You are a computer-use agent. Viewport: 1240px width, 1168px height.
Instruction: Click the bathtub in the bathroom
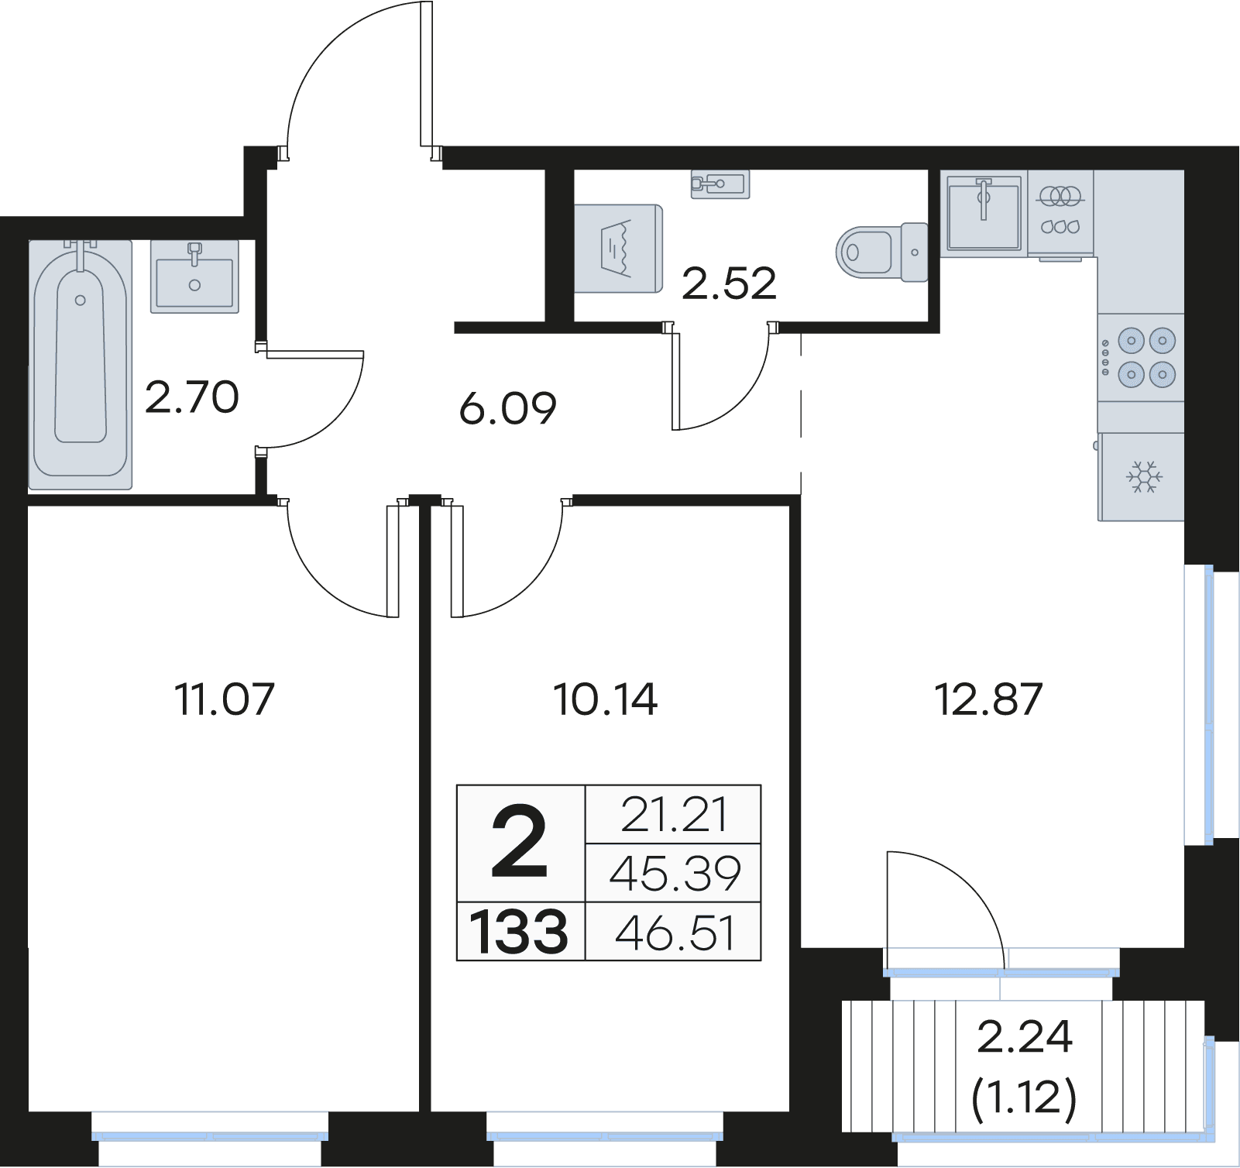pyautogui.click(x=81, y=365)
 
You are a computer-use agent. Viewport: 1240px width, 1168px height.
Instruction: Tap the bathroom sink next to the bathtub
pyautogui.click(x=194, y=277)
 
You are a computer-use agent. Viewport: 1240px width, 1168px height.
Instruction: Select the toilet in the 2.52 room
pyautogui.click(x=882, y=252)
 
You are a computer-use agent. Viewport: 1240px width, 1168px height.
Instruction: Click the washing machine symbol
pyautogui.click(x=618, y=249)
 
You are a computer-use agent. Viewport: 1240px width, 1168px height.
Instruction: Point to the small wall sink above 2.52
pyautogui.click(x=720, y=184)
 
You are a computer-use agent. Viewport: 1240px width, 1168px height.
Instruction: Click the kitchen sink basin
pyautogui.click(x=984, y=213)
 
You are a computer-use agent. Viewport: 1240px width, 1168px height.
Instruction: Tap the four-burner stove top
pyautogui.click(x=1141, y=357)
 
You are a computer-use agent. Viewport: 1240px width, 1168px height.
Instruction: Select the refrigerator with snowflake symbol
pyautogui.click(x=1142, y=476)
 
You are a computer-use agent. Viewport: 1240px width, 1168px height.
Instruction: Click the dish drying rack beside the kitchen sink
pyautogui.click(x=1060, y=213)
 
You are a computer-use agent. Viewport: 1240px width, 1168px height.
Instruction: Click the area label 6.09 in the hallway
pyautogui.click(x=508, y=408)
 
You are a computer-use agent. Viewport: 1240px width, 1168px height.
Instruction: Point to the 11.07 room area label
pyautogui.click(x=225, y=699)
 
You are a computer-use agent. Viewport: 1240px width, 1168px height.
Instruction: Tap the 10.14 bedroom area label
pyautogui.click(x=606, y=699)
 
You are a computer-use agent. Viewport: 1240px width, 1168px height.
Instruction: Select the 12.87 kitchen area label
pyautogui.click(x=989, y=699)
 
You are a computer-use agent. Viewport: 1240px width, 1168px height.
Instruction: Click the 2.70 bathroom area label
pyautogui.click(x=192, y=397)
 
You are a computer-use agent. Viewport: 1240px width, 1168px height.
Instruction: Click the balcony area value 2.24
pyautogui.click(x=1025, y=1036)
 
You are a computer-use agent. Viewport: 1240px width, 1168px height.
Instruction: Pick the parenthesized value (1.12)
pyautogui.click(x=1024, y=1098)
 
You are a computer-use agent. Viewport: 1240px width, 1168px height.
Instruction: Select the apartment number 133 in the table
pyautogui.click(x=519, y=932)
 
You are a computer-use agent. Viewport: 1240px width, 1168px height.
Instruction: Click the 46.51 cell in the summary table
pyautogui.click(x=675, y=933)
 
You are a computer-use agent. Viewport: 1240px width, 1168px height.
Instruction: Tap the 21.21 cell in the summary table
pyautogui.click(x=675, y=815)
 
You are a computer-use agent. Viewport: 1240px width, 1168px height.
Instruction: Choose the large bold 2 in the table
pyautogui.click(x=519, y=842)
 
